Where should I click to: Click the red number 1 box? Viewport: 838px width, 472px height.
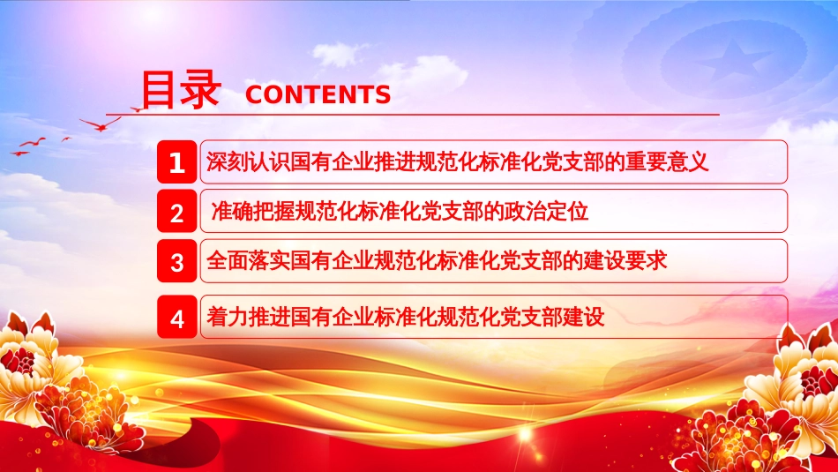pyautogui.click(x=177, y=163)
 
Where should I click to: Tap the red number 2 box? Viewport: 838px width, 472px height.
pyautogui.click(x=177, y=213)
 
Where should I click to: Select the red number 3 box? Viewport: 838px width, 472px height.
pyautogui.click(x=177, y=262)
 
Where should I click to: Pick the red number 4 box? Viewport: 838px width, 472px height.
pyautogui.click(x=177, y=318)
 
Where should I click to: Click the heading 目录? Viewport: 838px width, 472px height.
pyautogui.click(x=180, y=90)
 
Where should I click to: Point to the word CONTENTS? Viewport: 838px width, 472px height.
pyautogui.click(x=318, y=95)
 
